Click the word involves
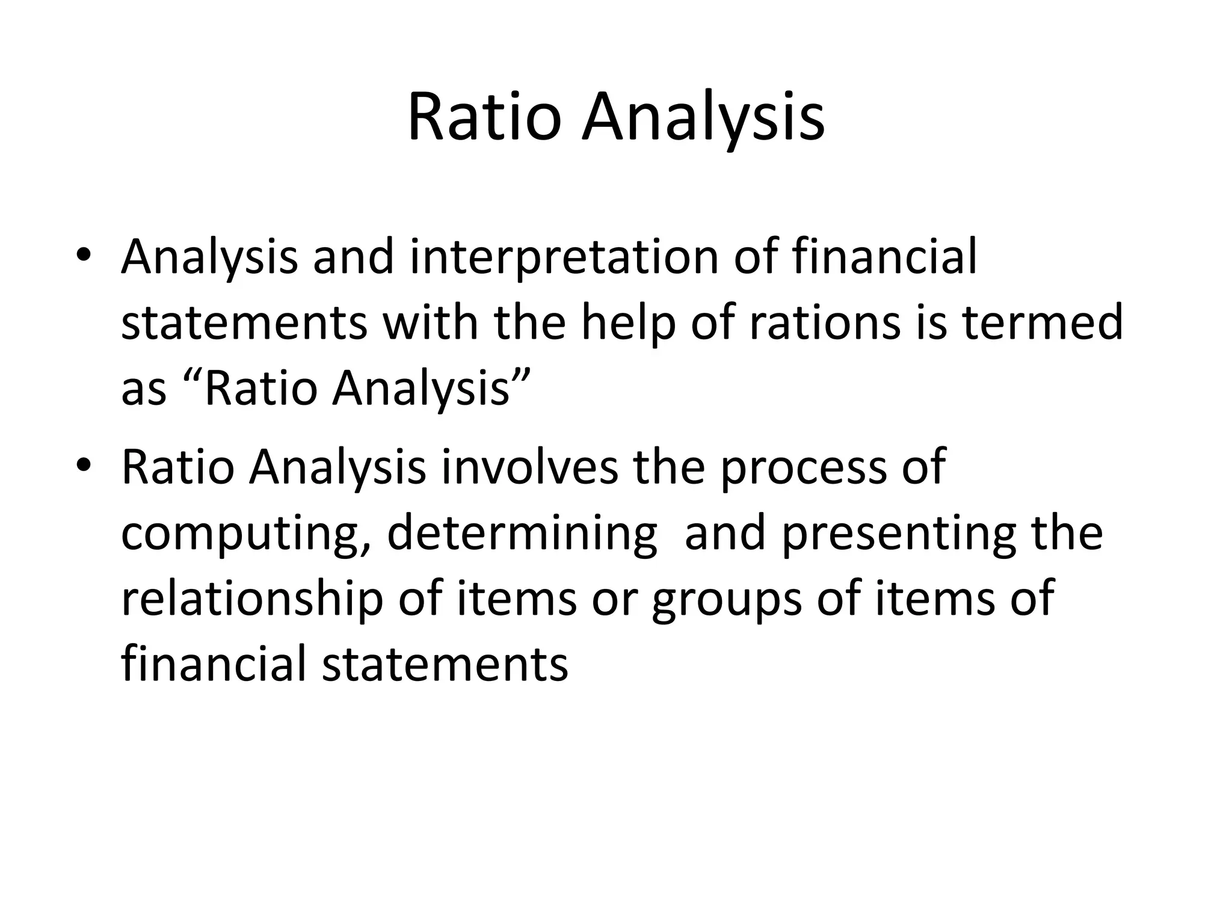530,467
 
